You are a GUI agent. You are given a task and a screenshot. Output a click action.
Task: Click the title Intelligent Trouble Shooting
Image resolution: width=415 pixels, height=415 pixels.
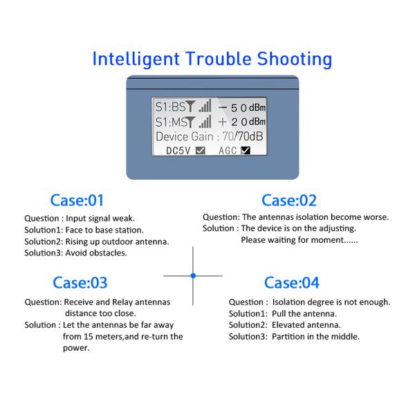(x=212, y=58)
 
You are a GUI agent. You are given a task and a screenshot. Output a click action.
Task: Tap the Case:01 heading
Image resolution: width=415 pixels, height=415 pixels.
(x=77, y=201)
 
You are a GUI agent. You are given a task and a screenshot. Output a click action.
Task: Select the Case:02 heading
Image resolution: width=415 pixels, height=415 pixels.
(x=288, y=201)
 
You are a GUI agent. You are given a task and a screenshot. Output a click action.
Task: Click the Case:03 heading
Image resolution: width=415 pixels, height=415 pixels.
(x=80, y=282)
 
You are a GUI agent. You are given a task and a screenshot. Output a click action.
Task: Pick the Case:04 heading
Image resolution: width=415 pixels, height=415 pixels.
(x=292, y=282)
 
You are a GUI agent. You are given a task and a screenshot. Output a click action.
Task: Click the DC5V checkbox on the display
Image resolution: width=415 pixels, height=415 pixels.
(x=200, y=149)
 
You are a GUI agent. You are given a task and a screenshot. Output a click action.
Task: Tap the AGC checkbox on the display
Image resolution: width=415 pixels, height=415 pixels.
(x=245, y=149)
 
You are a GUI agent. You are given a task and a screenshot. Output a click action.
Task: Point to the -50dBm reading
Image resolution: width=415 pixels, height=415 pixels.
(x=242, y=107)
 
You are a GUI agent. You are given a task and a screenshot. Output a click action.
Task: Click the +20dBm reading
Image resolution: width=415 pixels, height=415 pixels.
(x=242, y=122)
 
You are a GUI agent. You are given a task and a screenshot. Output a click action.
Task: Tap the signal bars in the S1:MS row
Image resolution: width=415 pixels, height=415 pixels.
(x=205, y=122)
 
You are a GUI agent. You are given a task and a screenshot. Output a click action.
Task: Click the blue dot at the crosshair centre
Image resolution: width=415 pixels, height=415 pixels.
(x=193, y=276)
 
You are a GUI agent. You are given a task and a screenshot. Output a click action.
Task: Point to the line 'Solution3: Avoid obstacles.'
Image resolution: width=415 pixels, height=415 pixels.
(x=76, y=253)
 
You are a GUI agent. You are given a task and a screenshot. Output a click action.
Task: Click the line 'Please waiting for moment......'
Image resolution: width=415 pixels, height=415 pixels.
(x=299, y=240)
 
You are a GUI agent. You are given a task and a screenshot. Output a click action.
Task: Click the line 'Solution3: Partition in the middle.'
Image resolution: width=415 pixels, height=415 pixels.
(x=294, y=337)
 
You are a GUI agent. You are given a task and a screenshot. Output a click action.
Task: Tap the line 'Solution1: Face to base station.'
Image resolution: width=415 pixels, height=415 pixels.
(x=84, y=230)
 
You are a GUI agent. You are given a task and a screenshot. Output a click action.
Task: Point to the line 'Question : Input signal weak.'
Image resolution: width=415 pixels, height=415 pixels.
(x=80, y=218)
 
